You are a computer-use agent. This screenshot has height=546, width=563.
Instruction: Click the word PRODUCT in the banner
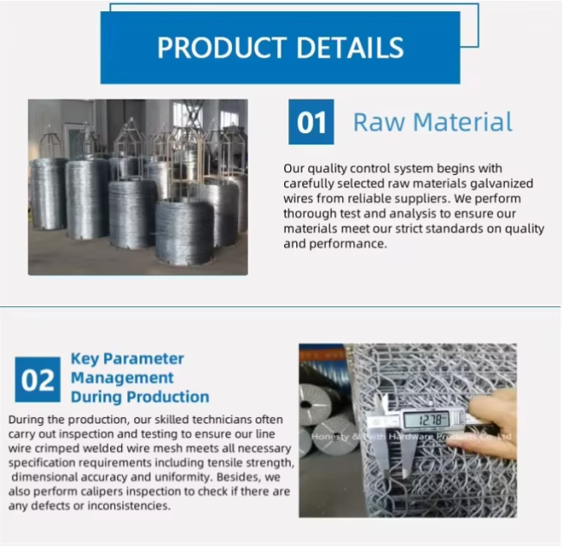click(x=222, y=48)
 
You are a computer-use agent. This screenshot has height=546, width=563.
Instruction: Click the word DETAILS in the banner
click(x=350, y=48)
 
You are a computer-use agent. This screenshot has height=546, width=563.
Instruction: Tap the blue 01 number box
click(x=311, y=122)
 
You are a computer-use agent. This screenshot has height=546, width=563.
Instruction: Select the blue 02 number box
click(x=37, y=380)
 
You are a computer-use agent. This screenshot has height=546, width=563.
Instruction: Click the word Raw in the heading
click(x=379, y=122)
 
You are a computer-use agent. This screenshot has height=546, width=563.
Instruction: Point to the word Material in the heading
click(x=463, y=122)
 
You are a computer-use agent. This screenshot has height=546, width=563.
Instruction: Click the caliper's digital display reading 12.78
click(x=426, y=420)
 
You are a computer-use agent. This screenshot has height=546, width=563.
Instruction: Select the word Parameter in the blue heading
click(x=143, y=359)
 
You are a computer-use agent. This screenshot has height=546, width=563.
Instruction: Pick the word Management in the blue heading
click(x=122, y=378)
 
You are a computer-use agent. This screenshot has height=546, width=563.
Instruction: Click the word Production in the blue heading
click(x=168, y=397)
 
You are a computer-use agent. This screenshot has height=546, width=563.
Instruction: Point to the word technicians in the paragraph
click(x=222, y=420)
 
